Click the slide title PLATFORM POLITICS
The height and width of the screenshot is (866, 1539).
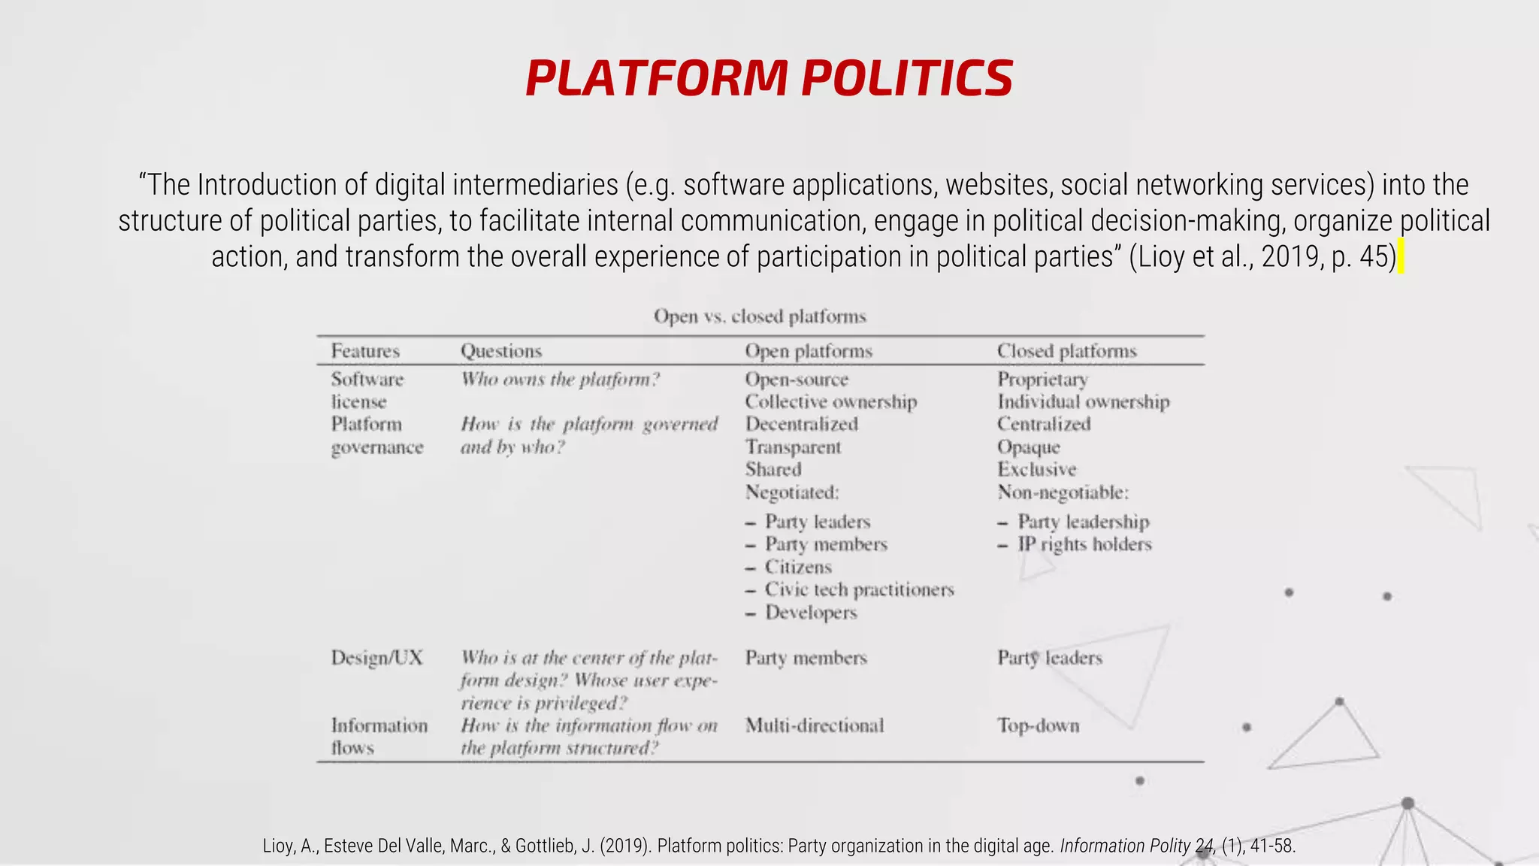pyautogui.click(x=769, y=78)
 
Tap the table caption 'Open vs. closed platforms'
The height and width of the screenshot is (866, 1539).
pyautogui.click(x=760, y=316)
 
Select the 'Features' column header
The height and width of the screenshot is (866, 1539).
pyautogui.click(x=365, y=351)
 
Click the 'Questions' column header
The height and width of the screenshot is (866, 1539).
pyautogui.click(x=500, y=351)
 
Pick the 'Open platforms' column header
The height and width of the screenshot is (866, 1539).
pyautogui.click(x=809, y=351)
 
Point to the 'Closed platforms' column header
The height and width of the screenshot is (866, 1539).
pyautogui.click(x=1066, y=351)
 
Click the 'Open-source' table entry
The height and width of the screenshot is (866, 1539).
pyautogui.click(x=797, y=380)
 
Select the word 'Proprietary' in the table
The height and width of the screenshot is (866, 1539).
pyautogui.click(x=1042, y=380)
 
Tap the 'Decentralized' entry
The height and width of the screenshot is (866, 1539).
pyautogui.click(x=801, y=424)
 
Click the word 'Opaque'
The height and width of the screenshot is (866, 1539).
pyautogui.click(x=1028, y=447)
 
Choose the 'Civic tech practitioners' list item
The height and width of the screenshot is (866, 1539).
pyautogui.click(x=859, y=590)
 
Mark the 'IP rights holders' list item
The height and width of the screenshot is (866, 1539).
pyautogui.click(x=1084, y=544)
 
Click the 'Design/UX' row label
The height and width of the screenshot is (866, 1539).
pyautogui.click(x=376, y=658)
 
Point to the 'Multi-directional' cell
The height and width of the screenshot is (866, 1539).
pyautogui.click(x=814, y=725)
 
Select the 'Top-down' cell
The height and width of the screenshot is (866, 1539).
pyautogui.click(x=1038, y=725)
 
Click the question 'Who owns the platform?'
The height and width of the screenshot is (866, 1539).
pyautogui.click(x=560, y=380)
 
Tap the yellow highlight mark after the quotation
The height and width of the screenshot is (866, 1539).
pyautogui.click(x=1401, y=257)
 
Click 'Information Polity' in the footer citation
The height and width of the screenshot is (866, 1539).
pyautogui.click(x=1125, y=846)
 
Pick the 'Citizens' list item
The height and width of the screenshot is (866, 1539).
pyautogui.click(x=798, y=568)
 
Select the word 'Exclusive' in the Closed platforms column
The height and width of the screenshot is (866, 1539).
pyautogui.click(x=1036, y=470)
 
